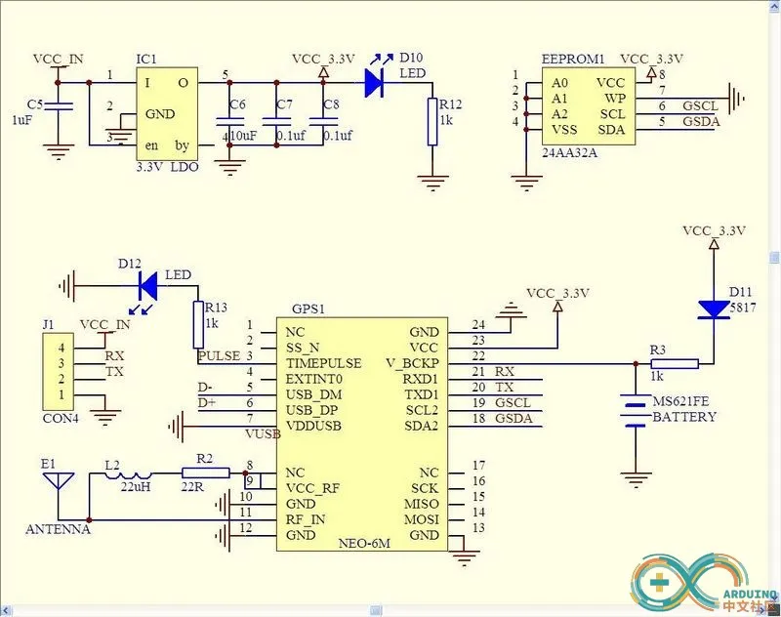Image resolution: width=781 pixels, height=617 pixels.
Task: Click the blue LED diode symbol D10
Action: pos(374,83)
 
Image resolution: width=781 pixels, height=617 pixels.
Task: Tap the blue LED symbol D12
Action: pos(148,285)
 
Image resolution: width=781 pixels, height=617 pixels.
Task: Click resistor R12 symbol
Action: pos(432,122)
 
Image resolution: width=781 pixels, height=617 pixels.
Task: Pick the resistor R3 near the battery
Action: pos(675,363)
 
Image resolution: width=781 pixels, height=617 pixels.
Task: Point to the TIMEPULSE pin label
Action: pos(323,363)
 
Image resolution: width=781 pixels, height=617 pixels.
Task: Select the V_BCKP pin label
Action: pos(415,363)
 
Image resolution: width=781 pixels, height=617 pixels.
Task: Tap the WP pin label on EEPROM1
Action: pos(614,99)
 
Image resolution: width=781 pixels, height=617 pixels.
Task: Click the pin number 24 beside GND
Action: pos(477,324)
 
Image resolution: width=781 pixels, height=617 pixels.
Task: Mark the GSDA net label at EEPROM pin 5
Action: pos(702,122)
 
